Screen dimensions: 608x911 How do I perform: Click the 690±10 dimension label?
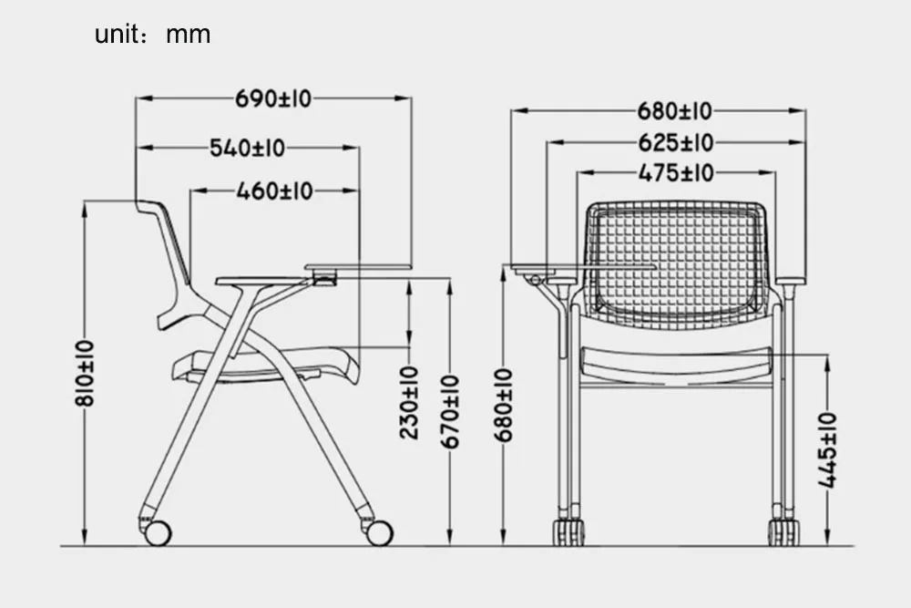[272, 98]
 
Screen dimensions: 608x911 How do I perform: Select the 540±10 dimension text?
[247, 148]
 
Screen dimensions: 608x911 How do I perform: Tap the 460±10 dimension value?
[273, 191]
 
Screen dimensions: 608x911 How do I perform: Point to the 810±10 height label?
[85, 373]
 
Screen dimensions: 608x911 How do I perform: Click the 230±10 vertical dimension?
[410, 402]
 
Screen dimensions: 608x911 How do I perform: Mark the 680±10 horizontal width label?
[675, 111]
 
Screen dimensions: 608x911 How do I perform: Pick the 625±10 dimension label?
[675, 142]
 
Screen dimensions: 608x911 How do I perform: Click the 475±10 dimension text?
[675, 172]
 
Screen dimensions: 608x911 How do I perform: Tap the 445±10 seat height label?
[827, 450]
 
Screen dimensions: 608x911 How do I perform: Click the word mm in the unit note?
[188, 35]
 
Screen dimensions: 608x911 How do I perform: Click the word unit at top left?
[116, 35]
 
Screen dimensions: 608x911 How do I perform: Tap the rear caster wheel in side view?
[157, 532]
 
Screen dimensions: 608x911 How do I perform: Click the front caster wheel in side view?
[379, 532]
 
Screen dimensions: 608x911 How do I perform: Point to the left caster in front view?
[569, 531]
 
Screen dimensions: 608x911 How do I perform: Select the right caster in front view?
[783, 531]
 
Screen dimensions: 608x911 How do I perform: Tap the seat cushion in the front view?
[675, 363]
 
